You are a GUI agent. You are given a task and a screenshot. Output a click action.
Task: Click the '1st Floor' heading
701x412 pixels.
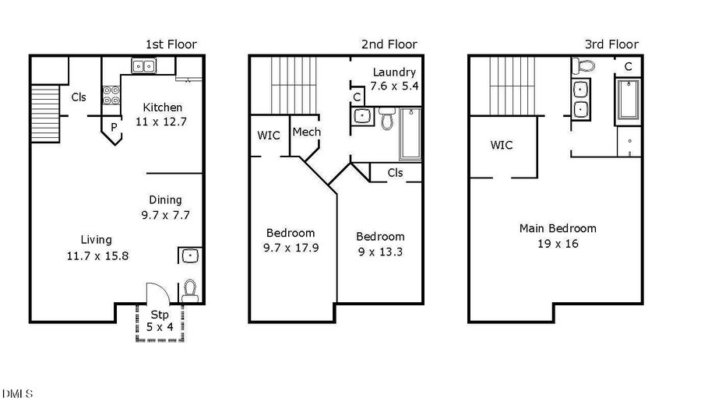pyautogui.click(x=171, y=44)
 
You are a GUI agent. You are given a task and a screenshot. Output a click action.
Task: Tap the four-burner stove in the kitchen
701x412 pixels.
pyautogui.click(x=111, y=93)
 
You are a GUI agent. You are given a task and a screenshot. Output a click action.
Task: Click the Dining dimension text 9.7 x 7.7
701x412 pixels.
pyautogui.click(x=165, y=214)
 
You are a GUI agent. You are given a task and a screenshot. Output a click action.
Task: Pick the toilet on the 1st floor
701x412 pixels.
pyautogui.click(x=189, y=291)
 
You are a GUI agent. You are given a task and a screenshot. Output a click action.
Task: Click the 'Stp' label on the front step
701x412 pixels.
pyautogui.click(x=160, y=315)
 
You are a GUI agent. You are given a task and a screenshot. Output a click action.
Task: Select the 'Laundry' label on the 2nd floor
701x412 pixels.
pyautogui.click(x=394, y=72)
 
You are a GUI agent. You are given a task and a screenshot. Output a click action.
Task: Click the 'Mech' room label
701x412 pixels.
pyautogui.click(x=306, y=132)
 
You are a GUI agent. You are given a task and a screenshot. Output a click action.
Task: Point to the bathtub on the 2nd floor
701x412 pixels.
pyautogui.click(x=410, y=134)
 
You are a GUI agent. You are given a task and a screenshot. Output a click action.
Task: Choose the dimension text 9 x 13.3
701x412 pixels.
pyautogui.click(x=380, y=252)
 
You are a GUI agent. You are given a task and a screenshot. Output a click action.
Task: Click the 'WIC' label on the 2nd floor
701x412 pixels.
pyautogui.click(x=268, y=136)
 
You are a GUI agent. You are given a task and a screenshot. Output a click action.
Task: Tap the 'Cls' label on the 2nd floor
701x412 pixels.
pyautogui.click(x=395, y=172)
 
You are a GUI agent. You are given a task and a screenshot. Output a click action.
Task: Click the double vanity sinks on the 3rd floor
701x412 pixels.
pyautogui.click(x=580, y=99)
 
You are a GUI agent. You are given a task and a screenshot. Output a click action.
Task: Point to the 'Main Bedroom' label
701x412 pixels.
pyautogui.click(x=558, y=228)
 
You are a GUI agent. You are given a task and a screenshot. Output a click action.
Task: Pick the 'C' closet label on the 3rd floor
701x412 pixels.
pyautogui.click(x=628, y=66)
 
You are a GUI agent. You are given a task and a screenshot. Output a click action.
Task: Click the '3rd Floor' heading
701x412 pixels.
pyautogui.click(x=611, y=44)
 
